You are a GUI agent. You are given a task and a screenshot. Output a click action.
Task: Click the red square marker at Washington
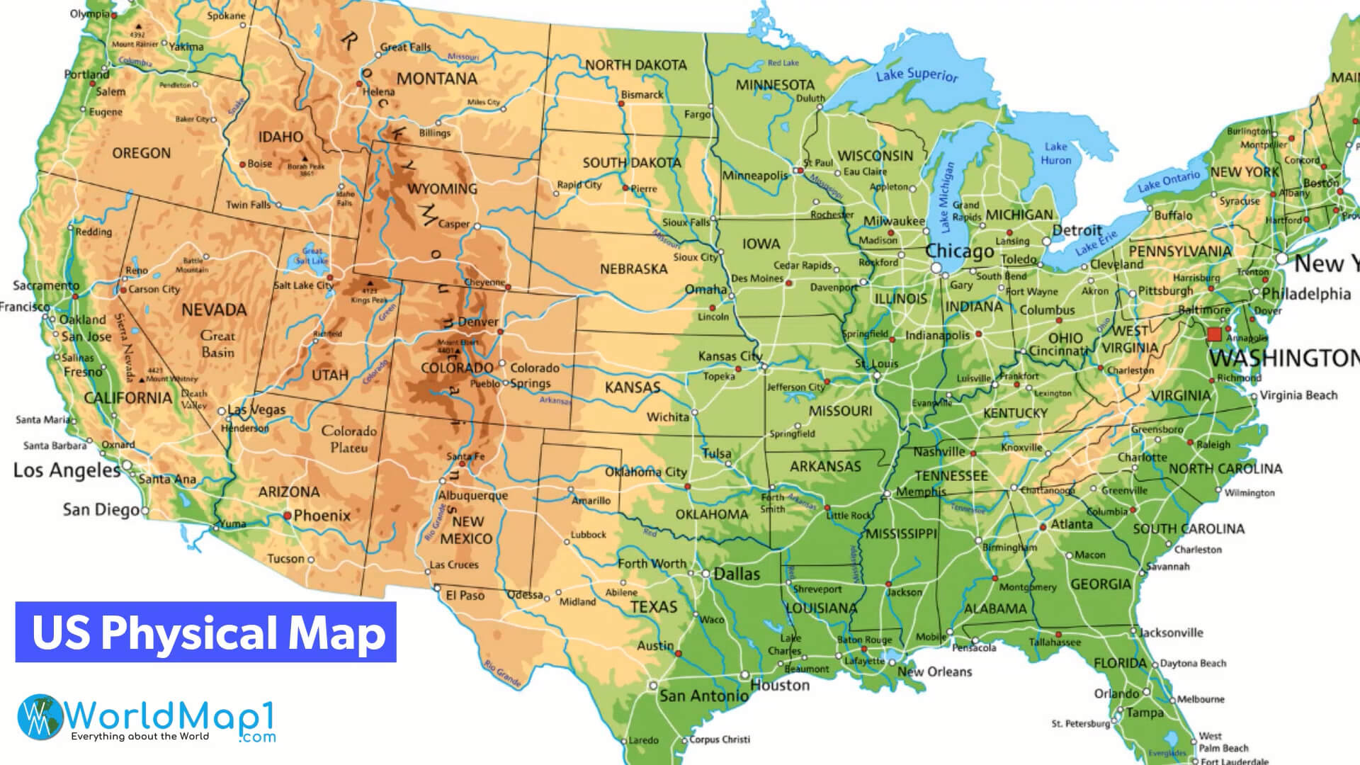1214,334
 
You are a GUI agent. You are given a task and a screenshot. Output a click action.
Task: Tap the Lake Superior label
917,74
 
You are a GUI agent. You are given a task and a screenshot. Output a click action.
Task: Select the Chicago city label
960,251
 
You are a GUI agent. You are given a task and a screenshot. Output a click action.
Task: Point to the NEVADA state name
214,310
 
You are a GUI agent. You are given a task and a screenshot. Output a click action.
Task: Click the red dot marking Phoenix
287,516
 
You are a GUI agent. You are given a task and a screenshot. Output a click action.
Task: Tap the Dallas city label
737,574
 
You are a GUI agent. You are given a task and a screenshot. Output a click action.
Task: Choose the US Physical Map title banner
206,633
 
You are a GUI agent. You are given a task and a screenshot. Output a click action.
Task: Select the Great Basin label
217,344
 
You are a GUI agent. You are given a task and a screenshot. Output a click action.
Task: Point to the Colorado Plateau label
349,439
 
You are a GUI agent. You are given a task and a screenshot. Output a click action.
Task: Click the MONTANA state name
437,79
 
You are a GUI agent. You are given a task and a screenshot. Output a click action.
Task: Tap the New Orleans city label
934,671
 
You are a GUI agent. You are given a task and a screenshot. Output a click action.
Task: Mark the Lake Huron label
1055,153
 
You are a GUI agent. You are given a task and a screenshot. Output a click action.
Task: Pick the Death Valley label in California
193,399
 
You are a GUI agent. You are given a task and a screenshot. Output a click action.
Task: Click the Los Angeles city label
67,471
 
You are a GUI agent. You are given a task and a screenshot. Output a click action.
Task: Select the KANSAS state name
632,387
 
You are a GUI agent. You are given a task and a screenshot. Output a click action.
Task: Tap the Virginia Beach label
1298,395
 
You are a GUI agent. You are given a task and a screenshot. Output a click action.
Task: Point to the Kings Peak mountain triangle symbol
369,283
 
